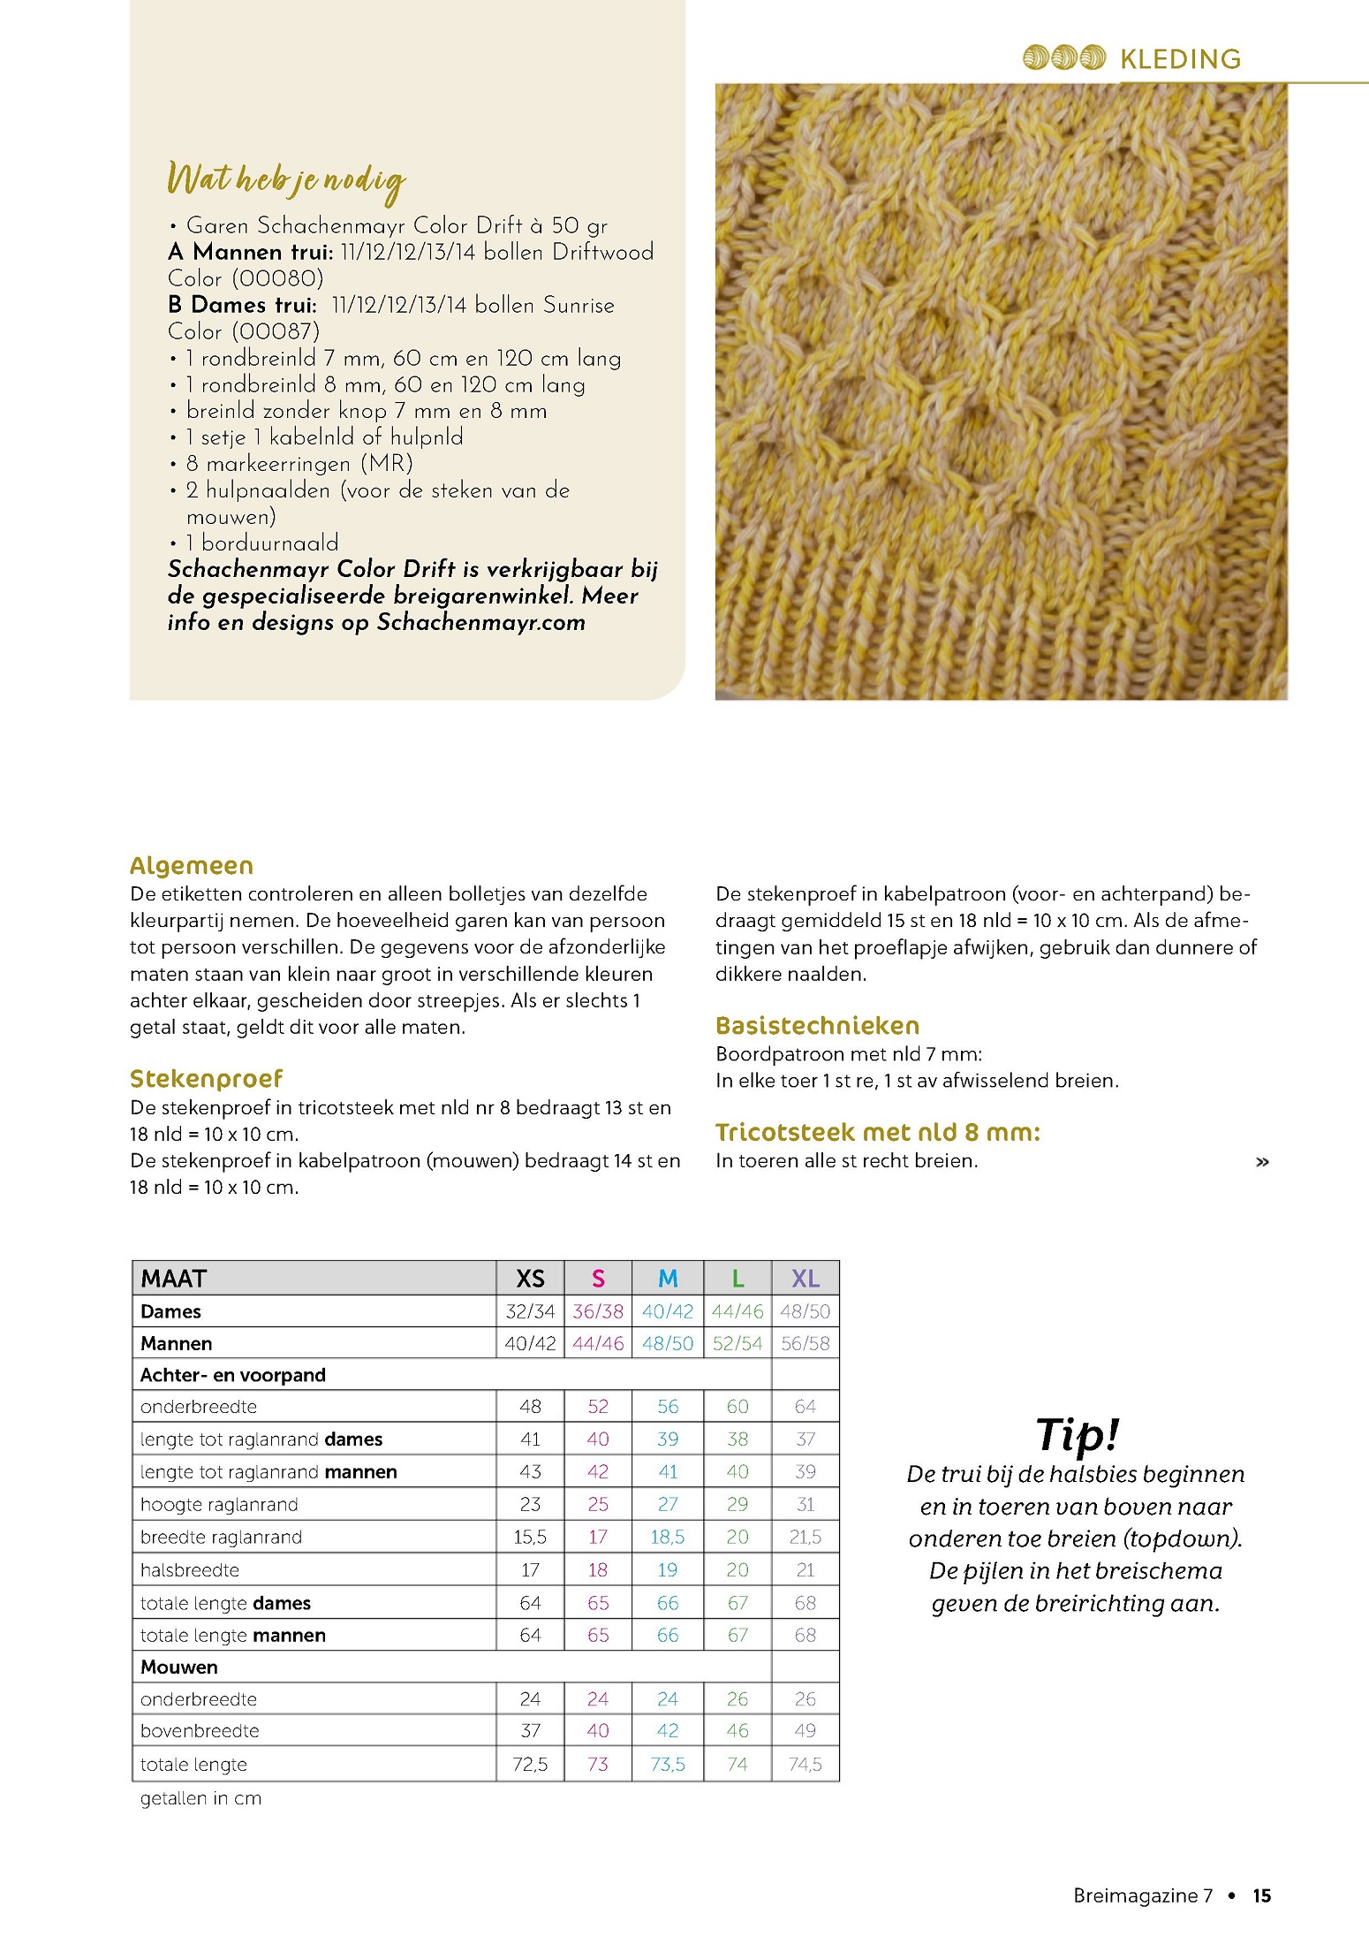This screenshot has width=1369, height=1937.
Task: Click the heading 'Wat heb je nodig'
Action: (286, 180)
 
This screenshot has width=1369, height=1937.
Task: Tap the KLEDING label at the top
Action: (1180, 59)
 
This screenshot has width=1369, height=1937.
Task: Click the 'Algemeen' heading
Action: (192, 865)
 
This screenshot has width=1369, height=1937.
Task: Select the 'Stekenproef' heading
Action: (206, 1078)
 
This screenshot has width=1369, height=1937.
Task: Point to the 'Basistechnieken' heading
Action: (817, 1025)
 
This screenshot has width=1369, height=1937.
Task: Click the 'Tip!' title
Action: (1077, 1433)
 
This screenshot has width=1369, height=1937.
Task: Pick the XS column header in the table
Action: (530, 1279)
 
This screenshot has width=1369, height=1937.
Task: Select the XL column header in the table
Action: (805, 1279)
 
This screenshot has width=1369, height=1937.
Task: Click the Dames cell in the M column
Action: (668, 1311)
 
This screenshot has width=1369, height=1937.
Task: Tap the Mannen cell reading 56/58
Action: (805, 1343)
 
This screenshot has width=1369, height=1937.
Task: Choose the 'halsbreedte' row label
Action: (190, 1569)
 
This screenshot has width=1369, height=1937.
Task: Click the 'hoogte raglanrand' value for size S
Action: (598, 1504)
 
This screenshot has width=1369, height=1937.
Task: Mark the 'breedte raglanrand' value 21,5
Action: (805, 1537)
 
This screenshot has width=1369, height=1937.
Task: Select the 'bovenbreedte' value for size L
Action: (737, 1730)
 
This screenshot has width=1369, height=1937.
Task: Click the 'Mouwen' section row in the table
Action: (179, 1667)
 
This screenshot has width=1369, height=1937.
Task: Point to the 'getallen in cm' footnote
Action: (200, 1797)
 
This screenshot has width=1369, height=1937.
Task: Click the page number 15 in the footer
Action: (1261, 1895)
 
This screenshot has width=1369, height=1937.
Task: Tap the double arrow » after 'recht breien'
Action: (1262, 1162)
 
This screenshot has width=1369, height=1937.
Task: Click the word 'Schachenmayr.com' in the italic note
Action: (480, 622)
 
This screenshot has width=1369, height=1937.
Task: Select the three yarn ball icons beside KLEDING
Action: (1064, 58)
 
